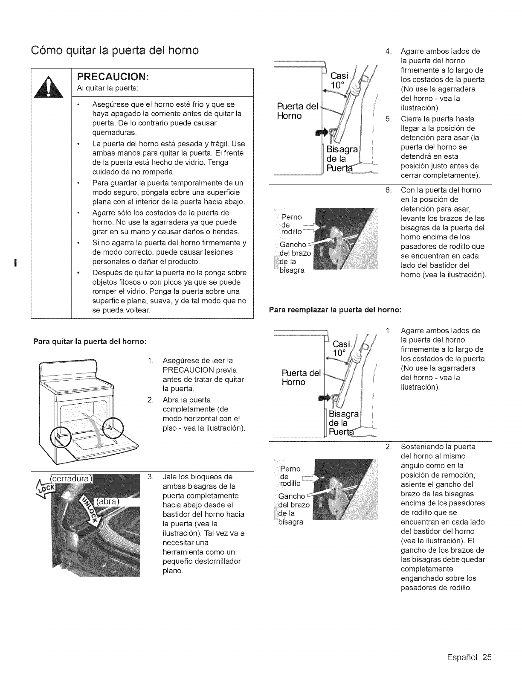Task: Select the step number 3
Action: pyautogui.click(x=150, y=477)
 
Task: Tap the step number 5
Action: pyautogui.click(x=388, y=119)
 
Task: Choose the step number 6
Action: pyautogui.click(x=388, y=190)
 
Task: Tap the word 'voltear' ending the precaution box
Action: pyautogui.click(x=136, y=310)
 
